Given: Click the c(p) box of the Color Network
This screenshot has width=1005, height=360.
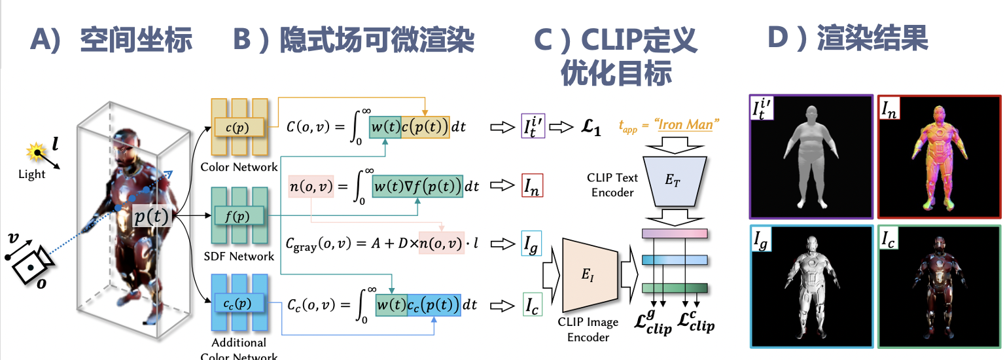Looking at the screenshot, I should click(x=239, y=126).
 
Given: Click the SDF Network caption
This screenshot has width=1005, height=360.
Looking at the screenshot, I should click(x=239, y=256).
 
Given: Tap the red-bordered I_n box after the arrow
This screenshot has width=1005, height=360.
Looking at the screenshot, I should click(x=532, y=187).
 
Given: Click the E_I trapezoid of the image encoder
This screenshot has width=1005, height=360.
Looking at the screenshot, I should click(x=590, y=275).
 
